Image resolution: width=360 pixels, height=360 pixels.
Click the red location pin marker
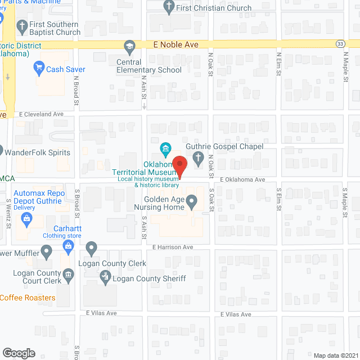pos(179,166)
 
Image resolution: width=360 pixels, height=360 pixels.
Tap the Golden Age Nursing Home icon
pos(192,200)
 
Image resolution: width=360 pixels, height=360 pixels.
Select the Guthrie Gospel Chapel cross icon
pos(199,159)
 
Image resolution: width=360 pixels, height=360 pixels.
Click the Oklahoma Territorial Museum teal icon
pos(166,149)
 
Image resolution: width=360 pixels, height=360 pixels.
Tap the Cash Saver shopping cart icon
pos(39,69)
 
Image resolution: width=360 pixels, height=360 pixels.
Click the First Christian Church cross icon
pos(168,7)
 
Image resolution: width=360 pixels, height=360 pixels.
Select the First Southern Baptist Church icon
pos(22,25)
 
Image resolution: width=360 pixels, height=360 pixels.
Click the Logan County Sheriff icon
pos(105,277)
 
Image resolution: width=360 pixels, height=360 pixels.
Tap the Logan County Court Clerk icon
pos(68,274)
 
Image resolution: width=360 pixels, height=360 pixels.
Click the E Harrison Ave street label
pos(173,247)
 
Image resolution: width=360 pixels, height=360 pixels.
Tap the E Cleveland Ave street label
pos(41,114)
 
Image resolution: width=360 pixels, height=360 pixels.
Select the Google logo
pos(18,353)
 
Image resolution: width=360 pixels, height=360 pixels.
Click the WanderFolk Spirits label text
pos(37,152)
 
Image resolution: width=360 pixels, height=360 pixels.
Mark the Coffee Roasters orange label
pos(28,298)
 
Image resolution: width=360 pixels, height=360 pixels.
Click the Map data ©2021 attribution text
pos(335,355)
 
